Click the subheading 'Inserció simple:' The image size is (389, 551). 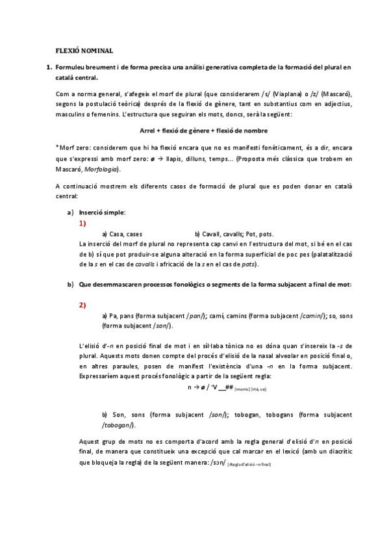pos(102,212)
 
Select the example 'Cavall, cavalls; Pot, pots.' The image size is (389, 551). pos(234,233)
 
